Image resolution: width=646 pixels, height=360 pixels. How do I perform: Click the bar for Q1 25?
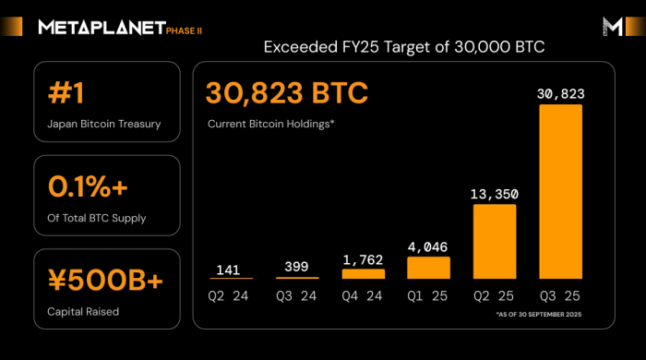click(428, 267)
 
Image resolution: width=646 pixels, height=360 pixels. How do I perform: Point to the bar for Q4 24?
click(364, 273)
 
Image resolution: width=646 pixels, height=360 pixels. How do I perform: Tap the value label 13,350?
click(495, 194)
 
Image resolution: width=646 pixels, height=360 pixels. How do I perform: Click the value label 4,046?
click(428, 246)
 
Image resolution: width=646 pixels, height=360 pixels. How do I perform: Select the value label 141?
click(231, 269)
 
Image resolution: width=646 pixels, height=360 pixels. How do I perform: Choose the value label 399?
click(297, 268)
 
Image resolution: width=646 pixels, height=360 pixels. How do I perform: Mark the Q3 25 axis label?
click(561, 297)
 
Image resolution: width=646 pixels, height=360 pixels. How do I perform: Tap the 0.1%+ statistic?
click(88, 186)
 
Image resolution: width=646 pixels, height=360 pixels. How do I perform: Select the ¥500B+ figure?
click(100, 279)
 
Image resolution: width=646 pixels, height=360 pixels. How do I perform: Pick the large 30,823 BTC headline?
click(287, 94)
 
